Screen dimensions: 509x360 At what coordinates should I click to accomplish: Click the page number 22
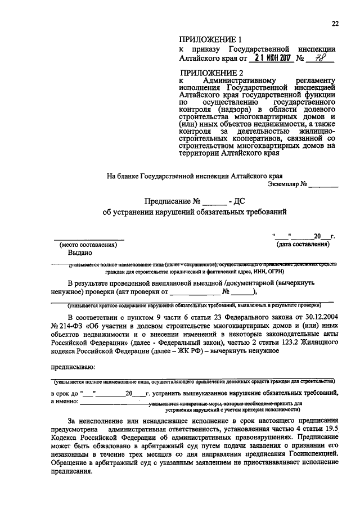335,23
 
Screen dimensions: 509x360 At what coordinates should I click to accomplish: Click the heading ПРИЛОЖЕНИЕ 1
210,40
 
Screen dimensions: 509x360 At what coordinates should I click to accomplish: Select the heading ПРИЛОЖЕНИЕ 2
210,73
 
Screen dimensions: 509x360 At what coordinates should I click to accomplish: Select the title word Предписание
168,201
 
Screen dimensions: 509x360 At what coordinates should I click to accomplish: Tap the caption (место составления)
88,245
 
